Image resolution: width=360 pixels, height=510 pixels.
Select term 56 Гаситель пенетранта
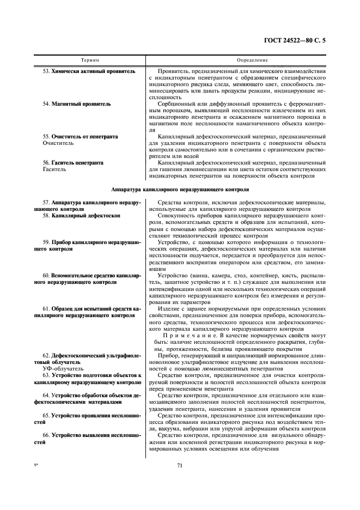pyautogui.click(x=77, y=162)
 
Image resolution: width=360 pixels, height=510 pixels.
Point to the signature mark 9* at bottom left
pyautogui.click(x=37, y=464)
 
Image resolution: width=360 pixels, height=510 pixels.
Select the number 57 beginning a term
pyautogui.click(x=46, y=202)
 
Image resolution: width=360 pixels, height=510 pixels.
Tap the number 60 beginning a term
pyautogui.click(x=46, y=276)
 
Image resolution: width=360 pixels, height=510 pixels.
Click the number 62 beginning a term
pyautogui.click(x=46, y=355)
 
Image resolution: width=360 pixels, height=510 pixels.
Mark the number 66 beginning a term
pyautogui.click(x=46, y=434)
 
